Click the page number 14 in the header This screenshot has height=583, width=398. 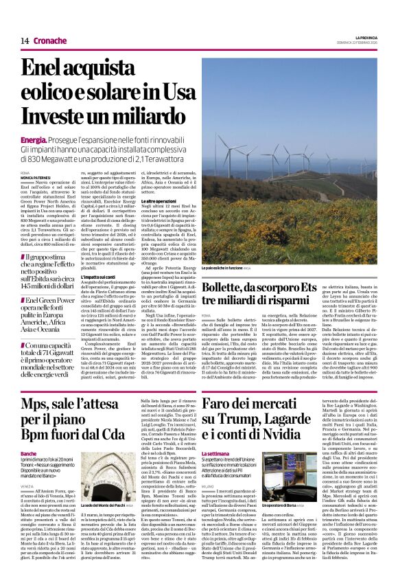25,41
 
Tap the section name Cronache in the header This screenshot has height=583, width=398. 50,41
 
